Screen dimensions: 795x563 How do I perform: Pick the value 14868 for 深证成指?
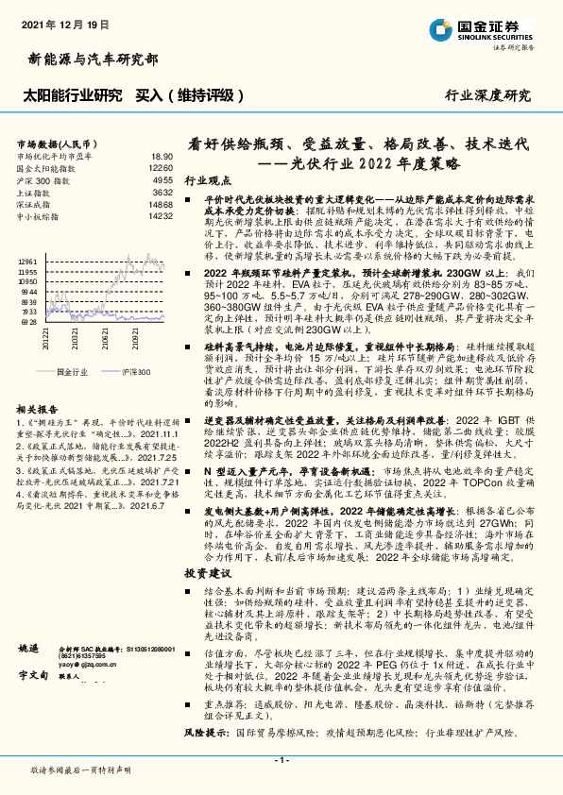tap(161, 204)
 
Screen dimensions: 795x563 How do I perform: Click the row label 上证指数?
tap(35, 192)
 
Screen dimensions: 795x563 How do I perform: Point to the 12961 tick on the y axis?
tap(27, 260)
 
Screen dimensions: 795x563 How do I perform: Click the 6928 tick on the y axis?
tap(27, 322)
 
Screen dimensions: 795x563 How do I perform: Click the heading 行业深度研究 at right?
tap(488, 94)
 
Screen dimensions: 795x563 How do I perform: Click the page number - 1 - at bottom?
tap(281, 759)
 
